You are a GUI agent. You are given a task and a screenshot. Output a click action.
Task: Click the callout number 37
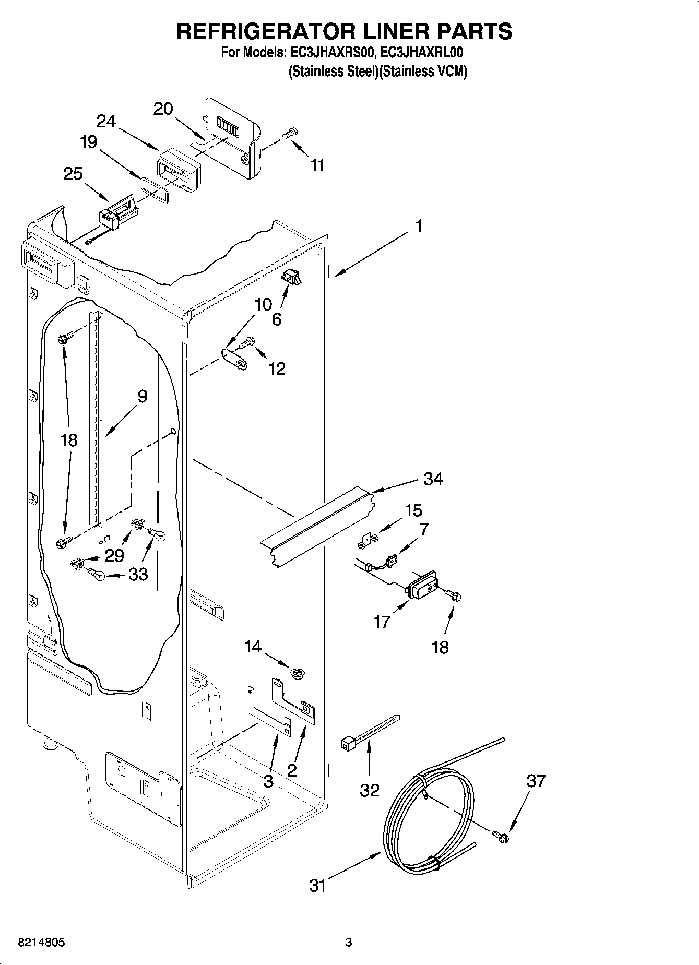pos(536,781)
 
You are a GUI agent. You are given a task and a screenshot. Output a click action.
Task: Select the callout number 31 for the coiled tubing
pos(318,885)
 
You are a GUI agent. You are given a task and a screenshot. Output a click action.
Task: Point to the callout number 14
pos(253,647)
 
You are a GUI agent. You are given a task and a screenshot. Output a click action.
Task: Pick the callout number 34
pos(433,479)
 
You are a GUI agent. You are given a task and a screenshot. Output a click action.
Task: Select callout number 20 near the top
pos(163,109)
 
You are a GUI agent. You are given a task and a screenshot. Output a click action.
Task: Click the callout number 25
pos(73,173)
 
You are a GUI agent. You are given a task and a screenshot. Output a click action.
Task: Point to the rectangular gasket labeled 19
pos(155,189)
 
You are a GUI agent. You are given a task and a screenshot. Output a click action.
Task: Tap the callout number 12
pos(277,368)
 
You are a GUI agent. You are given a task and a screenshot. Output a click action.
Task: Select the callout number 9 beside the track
pos(143,396)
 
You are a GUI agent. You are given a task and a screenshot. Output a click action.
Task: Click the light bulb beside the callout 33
pos(97,574)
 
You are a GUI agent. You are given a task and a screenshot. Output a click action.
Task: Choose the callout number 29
pos(114,555)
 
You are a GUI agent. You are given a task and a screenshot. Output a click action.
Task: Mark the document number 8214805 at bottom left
pos(42,943)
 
